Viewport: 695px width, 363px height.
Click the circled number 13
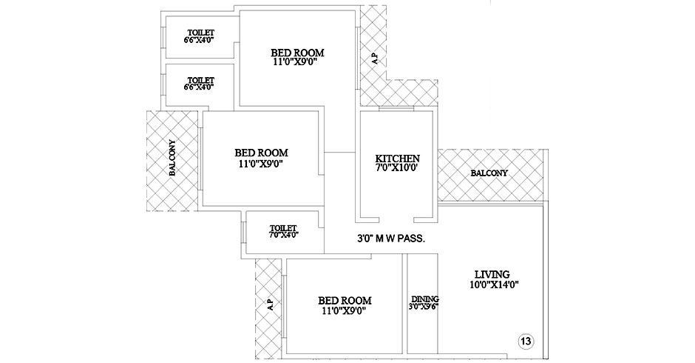[x=526, y=342]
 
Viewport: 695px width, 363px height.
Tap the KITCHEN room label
[x=397, y=159]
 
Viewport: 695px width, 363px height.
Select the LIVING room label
[x=492, y=274]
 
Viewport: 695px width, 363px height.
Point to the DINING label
[x=424, y=299]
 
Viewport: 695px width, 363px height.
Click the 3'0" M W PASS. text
[x=391, y=239]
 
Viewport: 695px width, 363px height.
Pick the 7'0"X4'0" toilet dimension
[x=283, y=235]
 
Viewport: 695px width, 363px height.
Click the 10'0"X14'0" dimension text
[x=494, y=284]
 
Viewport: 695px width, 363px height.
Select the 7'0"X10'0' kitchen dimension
[x=397, y=168]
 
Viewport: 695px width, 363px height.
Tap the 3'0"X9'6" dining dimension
[x=424, y=306]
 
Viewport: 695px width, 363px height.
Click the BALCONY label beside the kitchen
[x=489, y=173]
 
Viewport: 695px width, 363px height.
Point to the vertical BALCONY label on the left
[x=172, y=158]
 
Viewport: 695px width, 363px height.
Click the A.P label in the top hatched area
[x=375, y=59]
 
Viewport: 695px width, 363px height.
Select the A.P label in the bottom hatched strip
[x=270, y=304]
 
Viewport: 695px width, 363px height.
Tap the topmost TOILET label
[x=201, y=33]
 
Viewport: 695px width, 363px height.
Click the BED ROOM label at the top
[x=297, y=53]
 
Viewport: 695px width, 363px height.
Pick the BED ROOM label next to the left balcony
[x=261, y=153]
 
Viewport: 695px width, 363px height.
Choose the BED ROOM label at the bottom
[x=345, y=301]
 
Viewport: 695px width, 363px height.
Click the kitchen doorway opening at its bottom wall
[x=397, y=220]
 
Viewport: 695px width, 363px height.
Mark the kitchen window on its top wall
[x=397, y=108]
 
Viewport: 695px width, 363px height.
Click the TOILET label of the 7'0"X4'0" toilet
[x=283, y=228]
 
